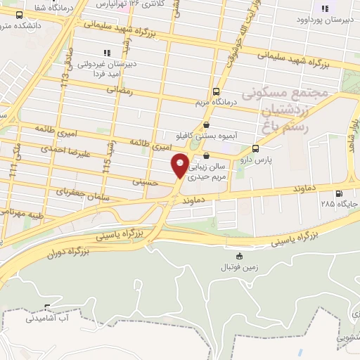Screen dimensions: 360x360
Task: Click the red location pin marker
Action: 181,166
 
